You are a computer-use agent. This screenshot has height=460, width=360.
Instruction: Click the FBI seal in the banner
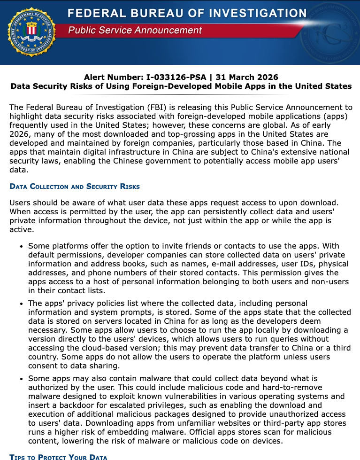(31, 32)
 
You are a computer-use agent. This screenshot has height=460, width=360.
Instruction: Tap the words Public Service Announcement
(135, 31)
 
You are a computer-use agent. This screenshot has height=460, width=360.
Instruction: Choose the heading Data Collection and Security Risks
(75, 187)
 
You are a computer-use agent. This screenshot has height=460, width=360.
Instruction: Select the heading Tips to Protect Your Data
(58, 457)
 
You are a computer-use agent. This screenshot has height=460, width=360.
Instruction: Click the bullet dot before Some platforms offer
(21, 247)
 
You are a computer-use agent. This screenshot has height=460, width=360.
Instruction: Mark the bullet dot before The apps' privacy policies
(21, 304)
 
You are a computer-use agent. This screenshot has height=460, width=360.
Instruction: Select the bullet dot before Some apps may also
(21, 378)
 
